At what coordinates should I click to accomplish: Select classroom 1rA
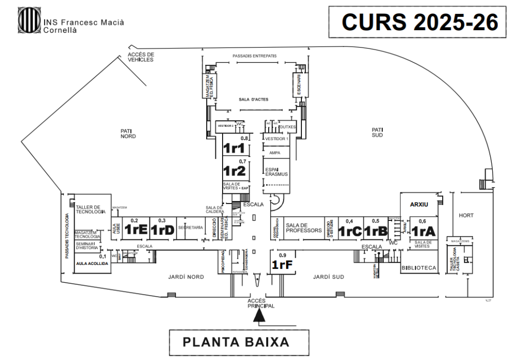pyautogui.click(x=423, y=230)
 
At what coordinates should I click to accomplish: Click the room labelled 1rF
pyautogui.click(x=282, y=265)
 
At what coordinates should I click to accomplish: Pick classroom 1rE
pyautogui.click(x=137, y=230)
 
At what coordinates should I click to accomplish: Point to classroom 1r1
pyautogui.click(x=236, y=149)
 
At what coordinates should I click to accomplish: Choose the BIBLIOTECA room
pyautogui.click(x=419, y=267)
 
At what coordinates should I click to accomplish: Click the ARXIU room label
pyautogui.click(x=419, y=205)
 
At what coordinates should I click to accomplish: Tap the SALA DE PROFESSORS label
pyautogui.click(x=303, y=228)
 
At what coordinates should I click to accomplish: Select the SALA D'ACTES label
pyautogui.click(x=253, y=100)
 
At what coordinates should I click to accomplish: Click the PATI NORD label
pyautogui.click(x=127, y=134)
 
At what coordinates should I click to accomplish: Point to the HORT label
pyautogui.click(x=467, y=215)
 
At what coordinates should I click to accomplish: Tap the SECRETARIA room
pyautogui.click(x=190, y=228)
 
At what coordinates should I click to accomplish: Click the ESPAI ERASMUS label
pyautogui.click(x=276, y=171)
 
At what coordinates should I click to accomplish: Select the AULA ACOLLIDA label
pyautogui.click(x=92, y=264)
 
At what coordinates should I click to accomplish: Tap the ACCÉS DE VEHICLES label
pyautogui.click(x=141, y=57)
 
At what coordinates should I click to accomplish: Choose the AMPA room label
pyautogui.click(x=276, y=152)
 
